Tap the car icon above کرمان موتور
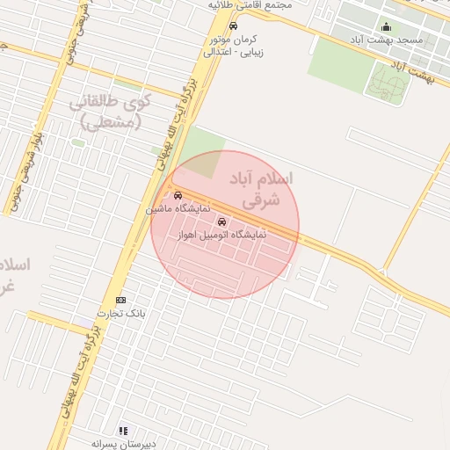coord(232,25)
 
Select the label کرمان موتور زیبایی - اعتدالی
coord(232,46)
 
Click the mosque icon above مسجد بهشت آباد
coord(386,26)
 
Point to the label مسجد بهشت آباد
coord(386,40)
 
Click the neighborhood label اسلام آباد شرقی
coord(261,189)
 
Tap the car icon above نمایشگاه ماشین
coord(178,196)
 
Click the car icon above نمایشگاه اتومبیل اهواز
coord(221,222)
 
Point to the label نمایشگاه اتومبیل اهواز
coord(221,236)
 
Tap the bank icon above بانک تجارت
coord(120,300)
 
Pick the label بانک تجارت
coord(120,314)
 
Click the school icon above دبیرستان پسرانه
coord(123,431)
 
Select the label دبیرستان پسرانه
coord(123,444)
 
